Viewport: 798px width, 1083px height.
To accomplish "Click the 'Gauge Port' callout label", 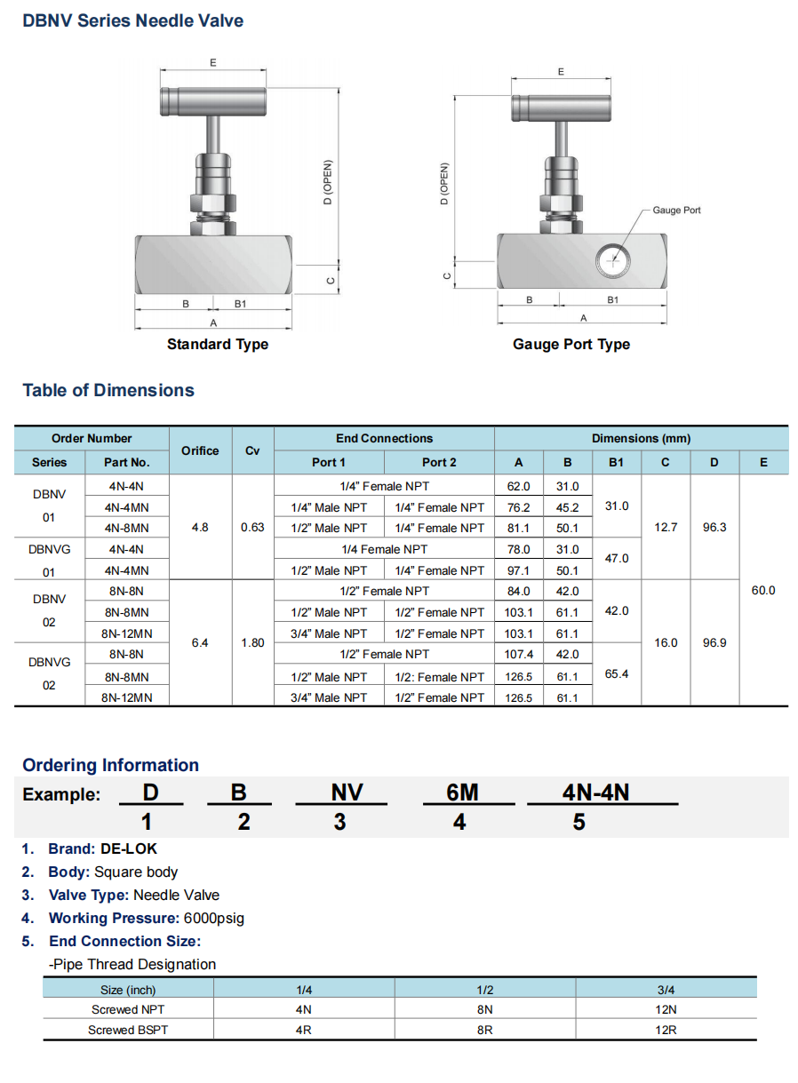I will coord(676,210).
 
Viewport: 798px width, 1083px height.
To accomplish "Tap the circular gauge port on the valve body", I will coord(612,259).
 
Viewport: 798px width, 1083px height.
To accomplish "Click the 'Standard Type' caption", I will coord(217,344).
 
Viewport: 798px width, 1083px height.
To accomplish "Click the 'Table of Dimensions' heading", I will coord(108,390).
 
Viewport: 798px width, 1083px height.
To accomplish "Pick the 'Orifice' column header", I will coord(200,450).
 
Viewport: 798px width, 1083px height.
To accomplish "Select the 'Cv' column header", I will coord(252,450).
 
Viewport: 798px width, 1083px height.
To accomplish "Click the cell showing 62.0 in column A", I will coord(518,486).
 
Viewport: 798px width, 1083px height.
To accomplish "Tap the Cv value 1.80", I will coord(252,642).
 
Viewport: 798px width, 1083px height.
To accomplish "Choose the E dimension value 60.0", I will coord(763,590).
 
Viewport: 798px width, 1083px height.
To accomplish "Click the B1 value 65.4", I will coord(616,674).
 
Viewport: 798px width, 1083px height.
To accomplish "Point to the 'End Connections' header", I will coord(384,438).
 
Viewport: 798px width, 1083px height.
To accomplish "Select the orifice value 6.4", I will coord(200,642).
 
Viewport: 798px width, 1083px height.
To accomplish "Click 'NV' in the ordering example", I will coord(346,792).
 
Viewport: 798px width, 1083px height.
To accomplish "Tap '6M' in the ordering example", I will coord(462,792).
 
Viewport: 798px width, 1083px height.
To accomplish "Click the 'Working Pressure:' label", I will coord(114,918).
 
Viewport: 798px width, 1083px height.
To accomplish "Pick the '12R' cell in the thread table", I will coord(666,1030).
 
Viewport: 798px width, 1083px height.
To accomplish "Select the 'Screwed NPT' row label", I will coord(128,1009).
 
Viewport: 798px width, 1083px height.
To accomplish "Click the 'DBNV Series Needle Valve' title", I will coord(133,20).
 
